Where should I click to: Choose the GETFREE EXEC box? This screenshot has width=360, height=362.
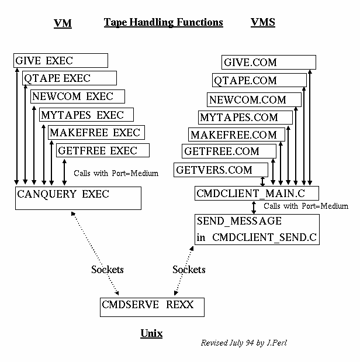(103, 151)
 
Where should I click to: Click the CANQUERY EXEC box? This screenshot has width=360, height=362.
(78, 198)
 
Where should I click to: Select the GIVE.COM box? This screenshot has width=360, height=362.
(268, 63)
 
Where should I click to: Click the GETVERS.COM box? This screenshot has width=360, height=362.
(217, 170)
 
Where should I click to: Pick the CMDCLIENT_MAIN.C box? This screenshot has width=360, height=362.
(257, 193)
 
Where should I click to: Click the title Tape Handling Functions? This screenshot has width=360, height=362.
(164, 23)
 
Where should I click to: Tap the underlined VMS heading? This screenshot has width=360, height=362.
(262, 23)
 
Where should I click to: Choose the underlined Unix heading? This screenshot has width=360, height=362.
(151, 333)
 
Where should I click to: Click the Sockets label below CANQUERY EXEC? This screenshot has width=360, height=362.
(108, 270)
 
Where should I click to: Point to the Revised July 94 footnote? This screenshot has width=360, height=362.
(244, 343)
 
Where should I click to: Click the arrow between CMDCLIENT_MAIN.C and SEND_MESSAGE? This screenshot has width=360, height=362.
(254, 208)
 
